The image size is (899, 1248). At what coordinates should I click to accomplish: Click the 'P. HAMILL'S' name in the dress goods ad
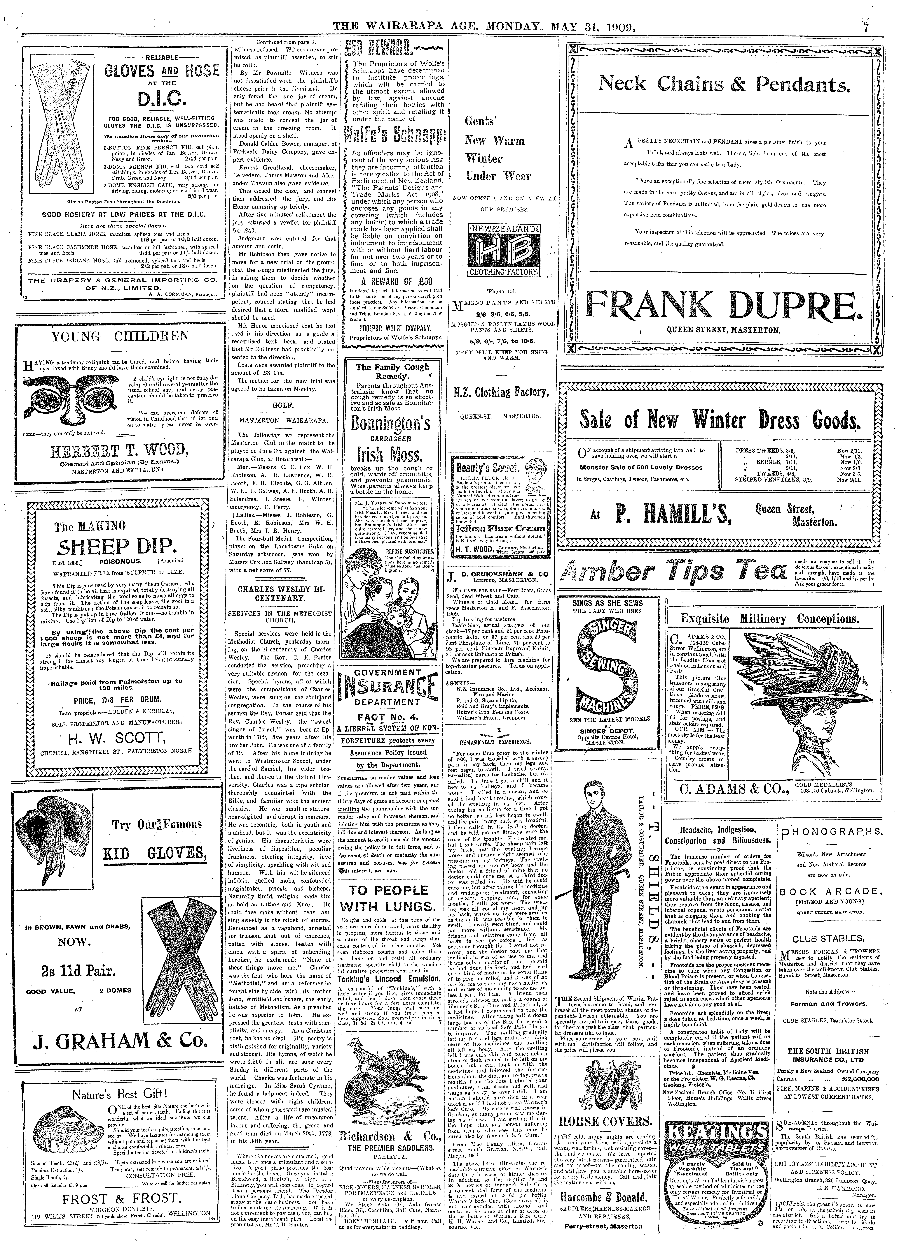click(669, 515)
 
